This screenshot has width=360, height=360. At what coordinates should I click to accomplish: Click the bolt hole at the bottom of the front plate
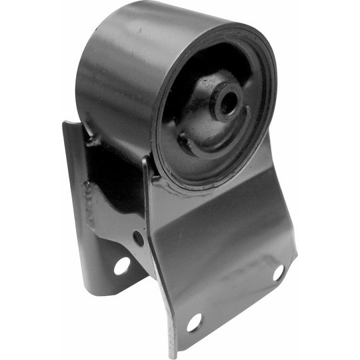[194, 322]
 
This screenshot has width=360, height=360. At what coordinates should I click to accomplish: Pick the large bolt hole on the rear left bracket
[122, 266]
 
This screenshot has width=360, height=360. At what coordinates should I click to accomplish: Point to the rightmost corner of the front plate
[296, 253]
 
